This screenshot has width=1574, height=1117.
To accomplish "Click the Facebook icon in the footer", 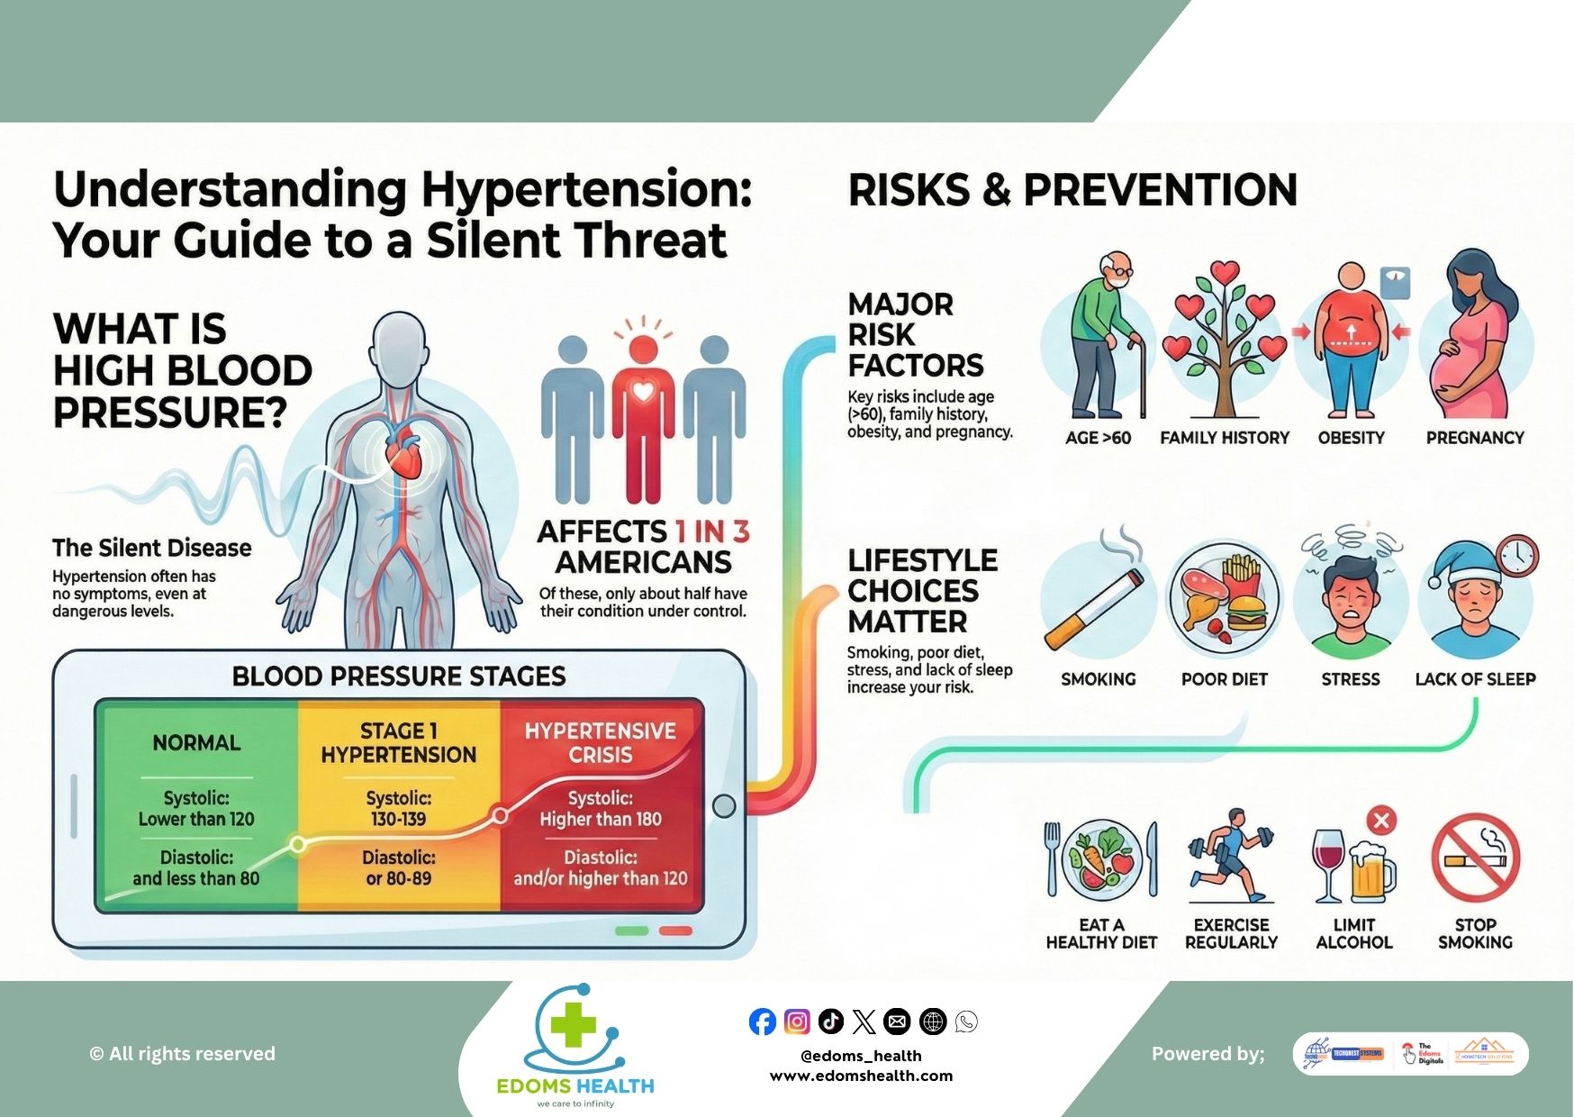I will point(762,1022).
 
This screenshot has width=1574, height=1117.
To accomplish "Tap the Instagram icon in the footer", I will point(796,1022).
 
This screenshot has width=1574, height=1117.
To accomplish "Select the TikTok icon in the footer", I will point(830,1021).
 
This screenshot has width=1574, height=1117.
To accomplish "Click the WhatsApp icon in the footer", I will point(966,1022).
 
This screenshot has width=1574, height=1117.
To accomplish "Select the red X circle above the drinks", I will point(1381,820).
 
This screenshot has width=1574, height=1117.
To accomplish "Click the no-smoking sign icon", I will point(1475,858).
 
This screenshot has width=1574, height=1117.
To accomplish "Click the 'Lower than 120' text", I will point(196,819).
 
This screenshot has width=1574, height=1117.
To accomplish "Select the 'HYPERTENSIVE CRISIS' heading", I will point(601,742).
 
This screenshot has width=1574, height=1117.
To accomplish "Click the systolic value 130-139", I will point(399,819).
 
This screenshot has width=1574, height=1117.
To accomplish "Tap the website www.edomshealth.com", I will point(861,1076).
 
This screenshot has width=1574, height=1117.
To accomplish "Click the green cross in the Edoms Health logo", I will point(574,1024).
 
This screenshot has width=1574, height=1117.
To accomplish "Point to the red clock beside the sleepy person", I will point(1517,557).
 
